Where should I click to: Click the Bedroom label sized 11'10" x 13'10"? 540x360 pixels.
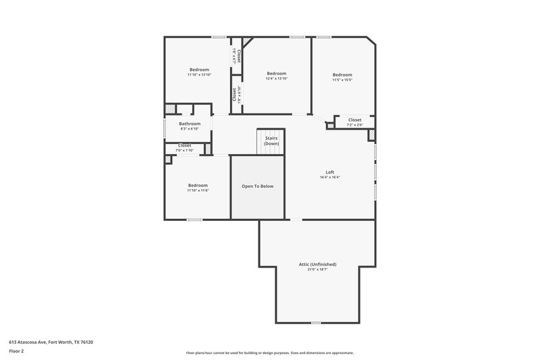[x=199, y=70]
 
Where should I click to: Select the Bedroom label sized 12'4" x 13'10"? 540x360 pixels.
[x=277, y=74]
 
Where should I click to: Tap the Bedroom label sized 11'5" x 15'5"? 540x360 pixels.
[x=342, y=74]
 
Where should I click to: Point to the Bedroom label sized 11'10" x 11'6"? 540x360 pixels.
[x=198, y=185]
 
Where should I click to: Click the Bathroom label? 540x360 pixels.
[x=190, y=124]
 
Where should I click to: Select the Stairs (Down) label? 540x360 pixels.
[x=271, y=141]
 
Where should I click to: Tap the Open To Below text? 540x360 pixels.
[x=258, y=186]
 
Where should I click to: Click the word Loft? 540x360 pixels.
[x=330, y=172]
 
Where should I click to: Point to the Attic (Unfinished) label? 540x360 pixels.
[x=317, y=264]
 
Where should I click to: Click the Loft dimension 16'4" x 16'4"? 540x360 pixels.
[x=330, y=178]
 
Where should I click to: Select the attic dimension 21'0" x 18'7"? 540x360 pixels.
[x=317, y=269]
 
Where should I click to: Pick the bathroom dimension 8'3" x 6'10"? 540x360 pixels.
[x=190, y=129]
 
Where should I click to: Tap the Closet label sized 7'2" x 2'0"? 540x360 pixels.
[x=354, y=120]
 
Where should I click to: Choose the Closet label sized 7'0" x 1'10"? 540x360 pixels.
[x=184, y=145]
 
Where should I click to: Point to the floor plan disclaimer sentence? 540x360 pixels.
[x=270, y=353]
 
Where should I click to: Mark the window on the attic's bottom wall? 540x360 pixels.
[x=315, y=323]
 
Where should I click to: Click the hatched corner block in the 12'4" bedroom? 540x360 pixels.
[x=247, y=43]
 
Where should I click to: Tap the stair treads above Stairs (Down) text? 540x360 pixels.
[x=271, y=132]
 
